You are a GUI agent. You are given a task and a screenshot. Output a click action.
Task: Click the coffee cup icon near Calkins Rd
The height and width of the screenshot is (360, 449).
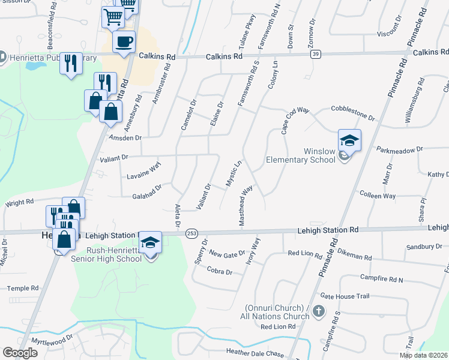coord(124,42)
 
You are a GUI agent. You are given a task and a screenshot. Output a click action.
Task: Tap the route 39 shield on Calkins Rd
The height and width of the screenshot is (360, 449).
coord(315,55)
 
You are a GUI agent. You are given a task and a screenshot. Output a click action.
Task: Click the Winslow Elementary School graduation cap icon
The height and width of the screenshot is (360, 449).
coord(349,140)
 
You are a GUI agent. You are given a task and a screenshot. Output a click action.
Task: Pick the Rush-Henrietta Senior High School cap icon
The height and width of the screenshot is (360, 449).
coord(150,242)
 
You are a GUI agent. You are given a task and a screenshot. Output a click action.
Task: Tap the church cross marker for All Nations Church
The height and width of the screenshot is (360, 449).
coord(319,311)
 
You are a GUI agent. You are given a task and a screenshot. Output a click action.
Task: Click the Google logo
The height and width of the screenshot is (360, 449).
coord(20,353)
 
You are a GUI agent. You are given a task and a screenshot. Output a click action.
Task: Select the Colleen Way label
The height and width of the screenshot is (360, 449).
coord(377,196)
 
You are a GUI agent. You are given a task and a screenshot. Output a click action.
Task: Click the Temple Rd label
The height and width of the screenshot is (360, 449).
coord(22,289)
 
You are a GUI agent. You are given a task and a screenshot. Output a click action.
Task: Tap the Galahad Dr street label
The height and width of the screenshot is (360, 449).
coord(148,190)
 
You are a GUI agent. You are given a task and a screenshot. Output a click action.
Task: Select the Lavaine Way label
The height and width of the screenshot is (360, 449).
coord(144,173)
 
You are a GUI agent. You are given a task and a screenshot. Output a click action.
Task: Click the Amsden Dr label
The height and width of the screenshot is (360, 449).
coord(124,137)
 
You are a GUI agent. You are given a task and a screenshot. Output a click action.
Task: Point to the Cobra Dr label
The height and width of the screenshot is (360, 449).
coord(220,272)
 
